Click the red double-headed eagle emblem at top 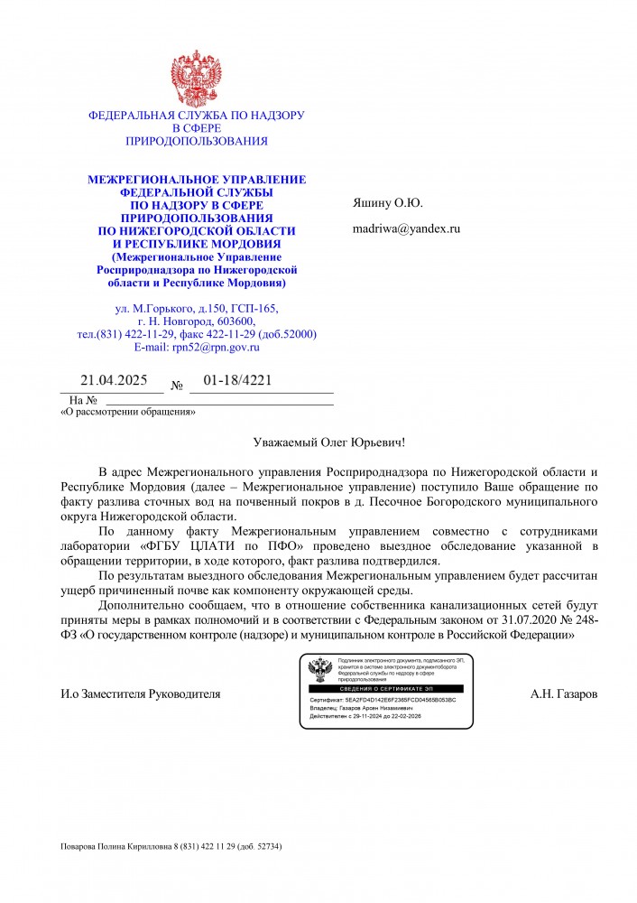click(x=196, y=79)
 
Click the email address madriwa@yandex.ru click(x=406, y=228)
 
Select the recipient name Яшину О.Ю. click(x=387, y=202)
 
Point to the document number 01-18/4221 click(x=236, y=380)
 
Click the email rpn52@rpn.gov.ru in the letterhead click(x=197, y=346)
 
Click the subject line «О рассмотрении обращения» click(x=127, y=412)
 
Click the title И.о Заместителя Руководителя click(x=140, y=694)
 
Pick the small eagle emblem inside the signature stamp click(x=320, y=671)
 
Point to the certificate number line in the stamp click(x=383, y=700)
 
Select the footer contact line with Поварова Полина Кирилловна click(x=171, y=847)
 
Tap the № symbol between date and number click(x=177, y=386)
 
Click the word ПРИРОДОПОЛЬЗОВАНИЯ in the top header click(x=196, y=141)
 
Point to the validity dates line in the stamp click(x=374, y=718)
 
